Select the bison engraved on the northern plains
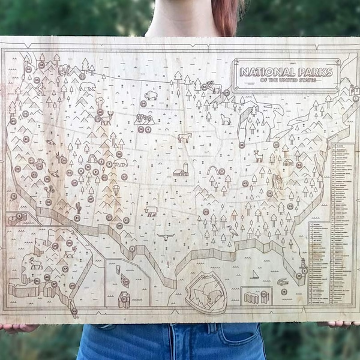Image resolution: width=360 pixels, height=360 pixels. point(151,95)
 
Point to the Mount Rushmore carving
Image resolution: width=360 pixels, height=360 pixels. point(144,118)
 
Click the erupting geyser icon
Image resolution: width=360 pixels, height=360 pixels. point(100,104)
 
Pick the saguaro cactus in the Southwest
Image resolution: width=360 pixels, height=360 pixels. point(78,208)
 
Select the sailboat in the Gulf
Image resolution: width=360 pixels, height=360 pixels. point(255,274)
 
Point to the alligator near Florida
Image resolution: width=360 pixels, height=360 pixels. point(283,281)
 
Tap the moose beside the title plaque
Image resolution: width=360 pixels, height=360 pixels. point(213,88)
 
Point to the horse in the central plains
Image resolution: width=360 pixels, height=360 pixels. point(184,137)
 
